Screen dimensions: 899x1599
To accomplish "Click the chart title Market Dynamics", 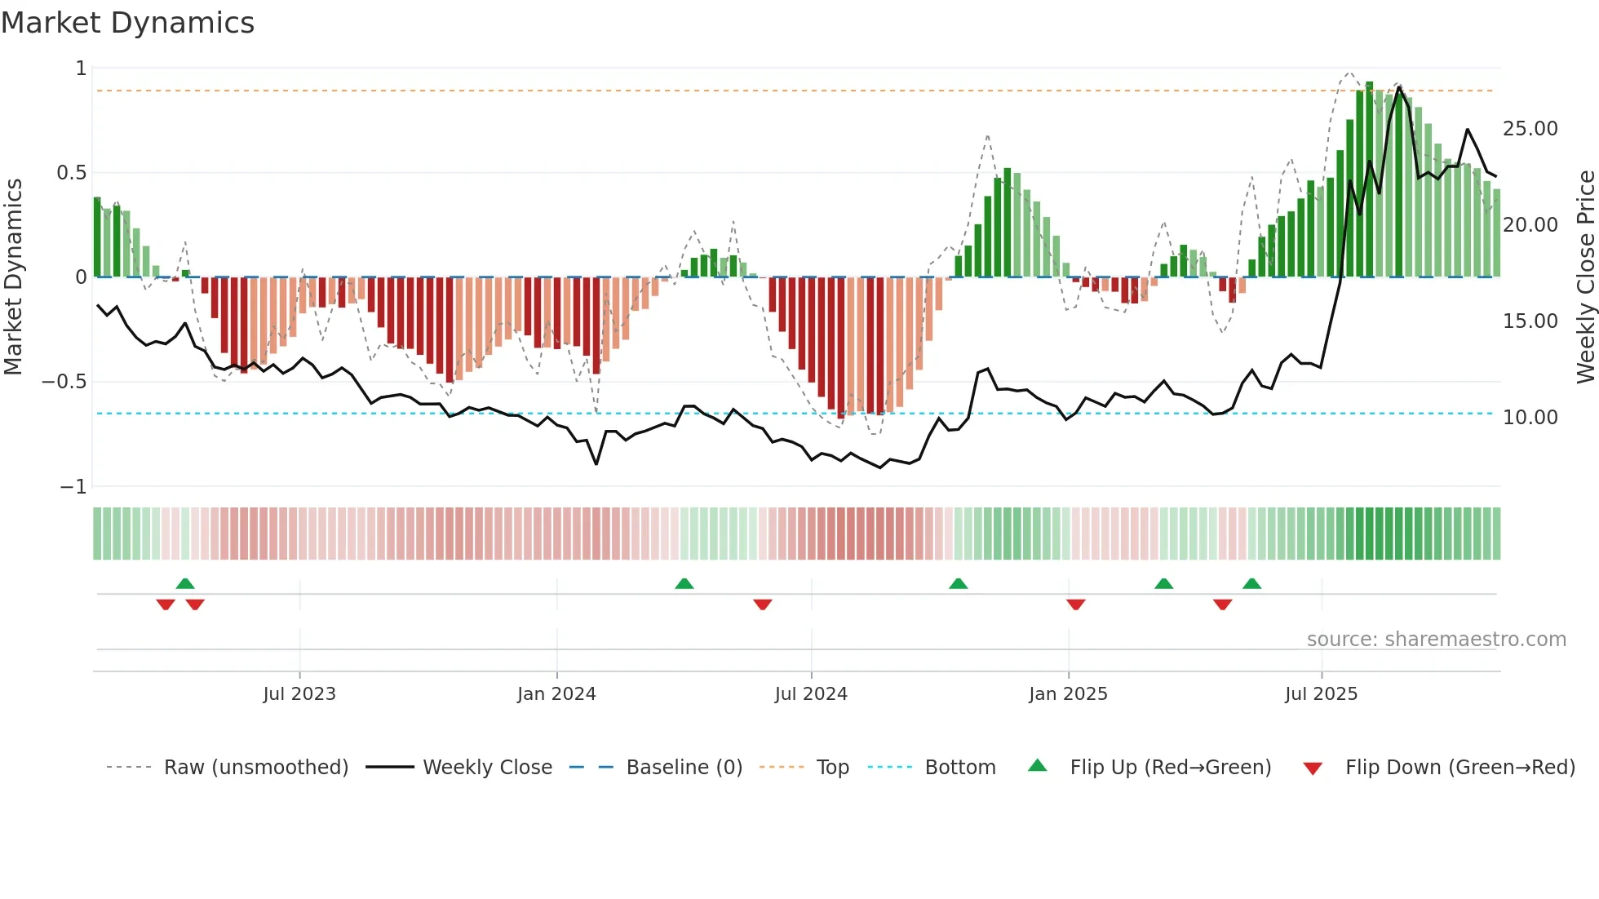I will click(127, 23).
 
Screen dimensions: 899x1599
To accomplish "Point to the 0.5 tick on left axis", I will click(72, 173).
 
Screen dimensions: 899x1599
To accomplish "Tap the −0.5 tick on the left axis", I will click(64, 382).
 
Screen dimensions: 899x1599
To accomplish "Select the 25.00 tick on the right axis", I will click(1530, 129).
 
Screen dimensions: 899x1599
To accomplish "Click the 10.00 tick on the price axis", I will click(1530, 418).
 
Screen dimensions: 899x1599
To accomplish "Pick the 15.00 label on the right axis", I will click(1530, 321).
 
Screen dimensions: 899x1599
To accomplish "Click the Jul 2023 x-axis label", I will click(299, 694).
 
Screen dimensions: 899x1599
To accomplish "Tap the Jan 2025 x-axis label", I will click(1068, 694).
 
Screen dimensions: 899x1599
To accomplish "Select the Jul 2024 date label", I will click(811, 694).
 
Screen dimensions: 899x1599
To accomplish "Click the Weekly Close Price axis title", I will click(1585, 277).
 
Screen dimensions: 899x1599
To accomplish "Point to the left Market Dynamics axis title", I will click(13, 277).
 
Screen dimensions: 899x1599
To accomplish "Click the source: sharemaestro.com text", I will click(1436, 640).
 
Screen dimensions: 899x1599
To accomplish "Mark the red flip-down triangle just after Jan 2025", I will click(1075, 604).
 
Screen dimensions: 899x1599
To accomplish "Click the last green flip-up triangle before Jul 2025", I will click(1251, 583).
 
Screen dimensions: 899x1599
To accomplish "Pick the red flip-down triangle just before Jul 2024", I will click(762, 604).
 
